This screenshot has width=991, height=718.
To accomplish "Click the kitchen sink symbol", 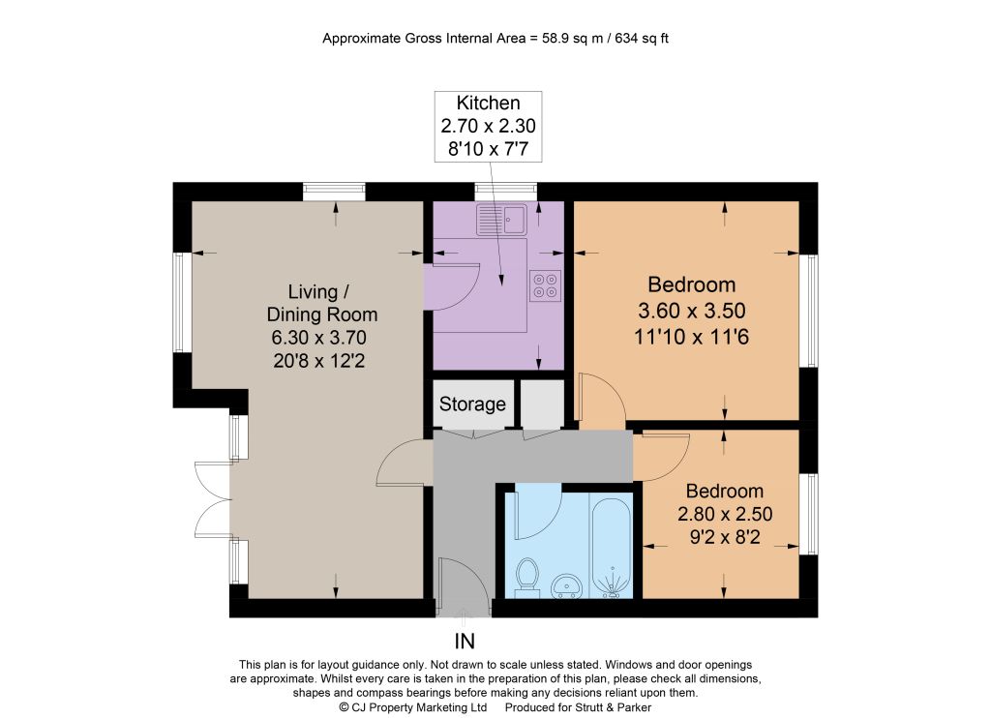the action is tap(501, 220).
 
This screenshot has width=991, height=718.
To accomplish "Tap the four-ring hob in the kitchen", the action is tap(545, 285).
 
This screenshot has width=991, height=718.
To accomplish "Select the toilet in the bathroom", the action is tap(526, 578).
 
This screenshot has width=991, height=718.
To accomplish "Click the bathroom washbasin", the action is tap(567, 586).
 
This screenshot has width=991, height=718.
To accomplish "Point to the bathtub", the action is tap(611, 546).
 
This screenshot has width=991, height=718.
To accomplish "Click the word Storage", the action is tap(472, 404).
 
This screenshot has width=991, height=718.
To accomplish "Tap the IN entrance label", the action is tap(465, 642).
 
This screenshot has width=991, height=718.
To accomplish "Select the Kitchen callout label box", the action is tap(488, 127).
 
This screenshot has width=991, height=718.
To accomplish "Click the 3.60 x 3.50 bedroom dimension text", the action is tap(691, 311).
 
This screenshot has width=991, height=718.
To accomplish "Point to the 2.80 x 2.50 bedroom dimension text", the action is tap(725, 514).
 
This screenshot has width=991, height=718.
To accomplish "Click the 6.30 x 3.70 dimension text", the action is tap(318, 338).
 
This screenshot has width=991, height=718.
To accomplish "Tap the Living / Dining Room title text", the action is tap(321, 303).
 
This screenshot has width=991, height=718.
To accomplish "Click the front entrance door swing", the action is tap(462, 585).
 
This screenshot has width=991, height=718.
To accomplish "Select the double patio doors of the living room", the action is tap(214, 499).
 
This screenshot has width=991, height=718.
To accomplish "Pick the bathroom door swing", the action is tap(538, 512).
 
